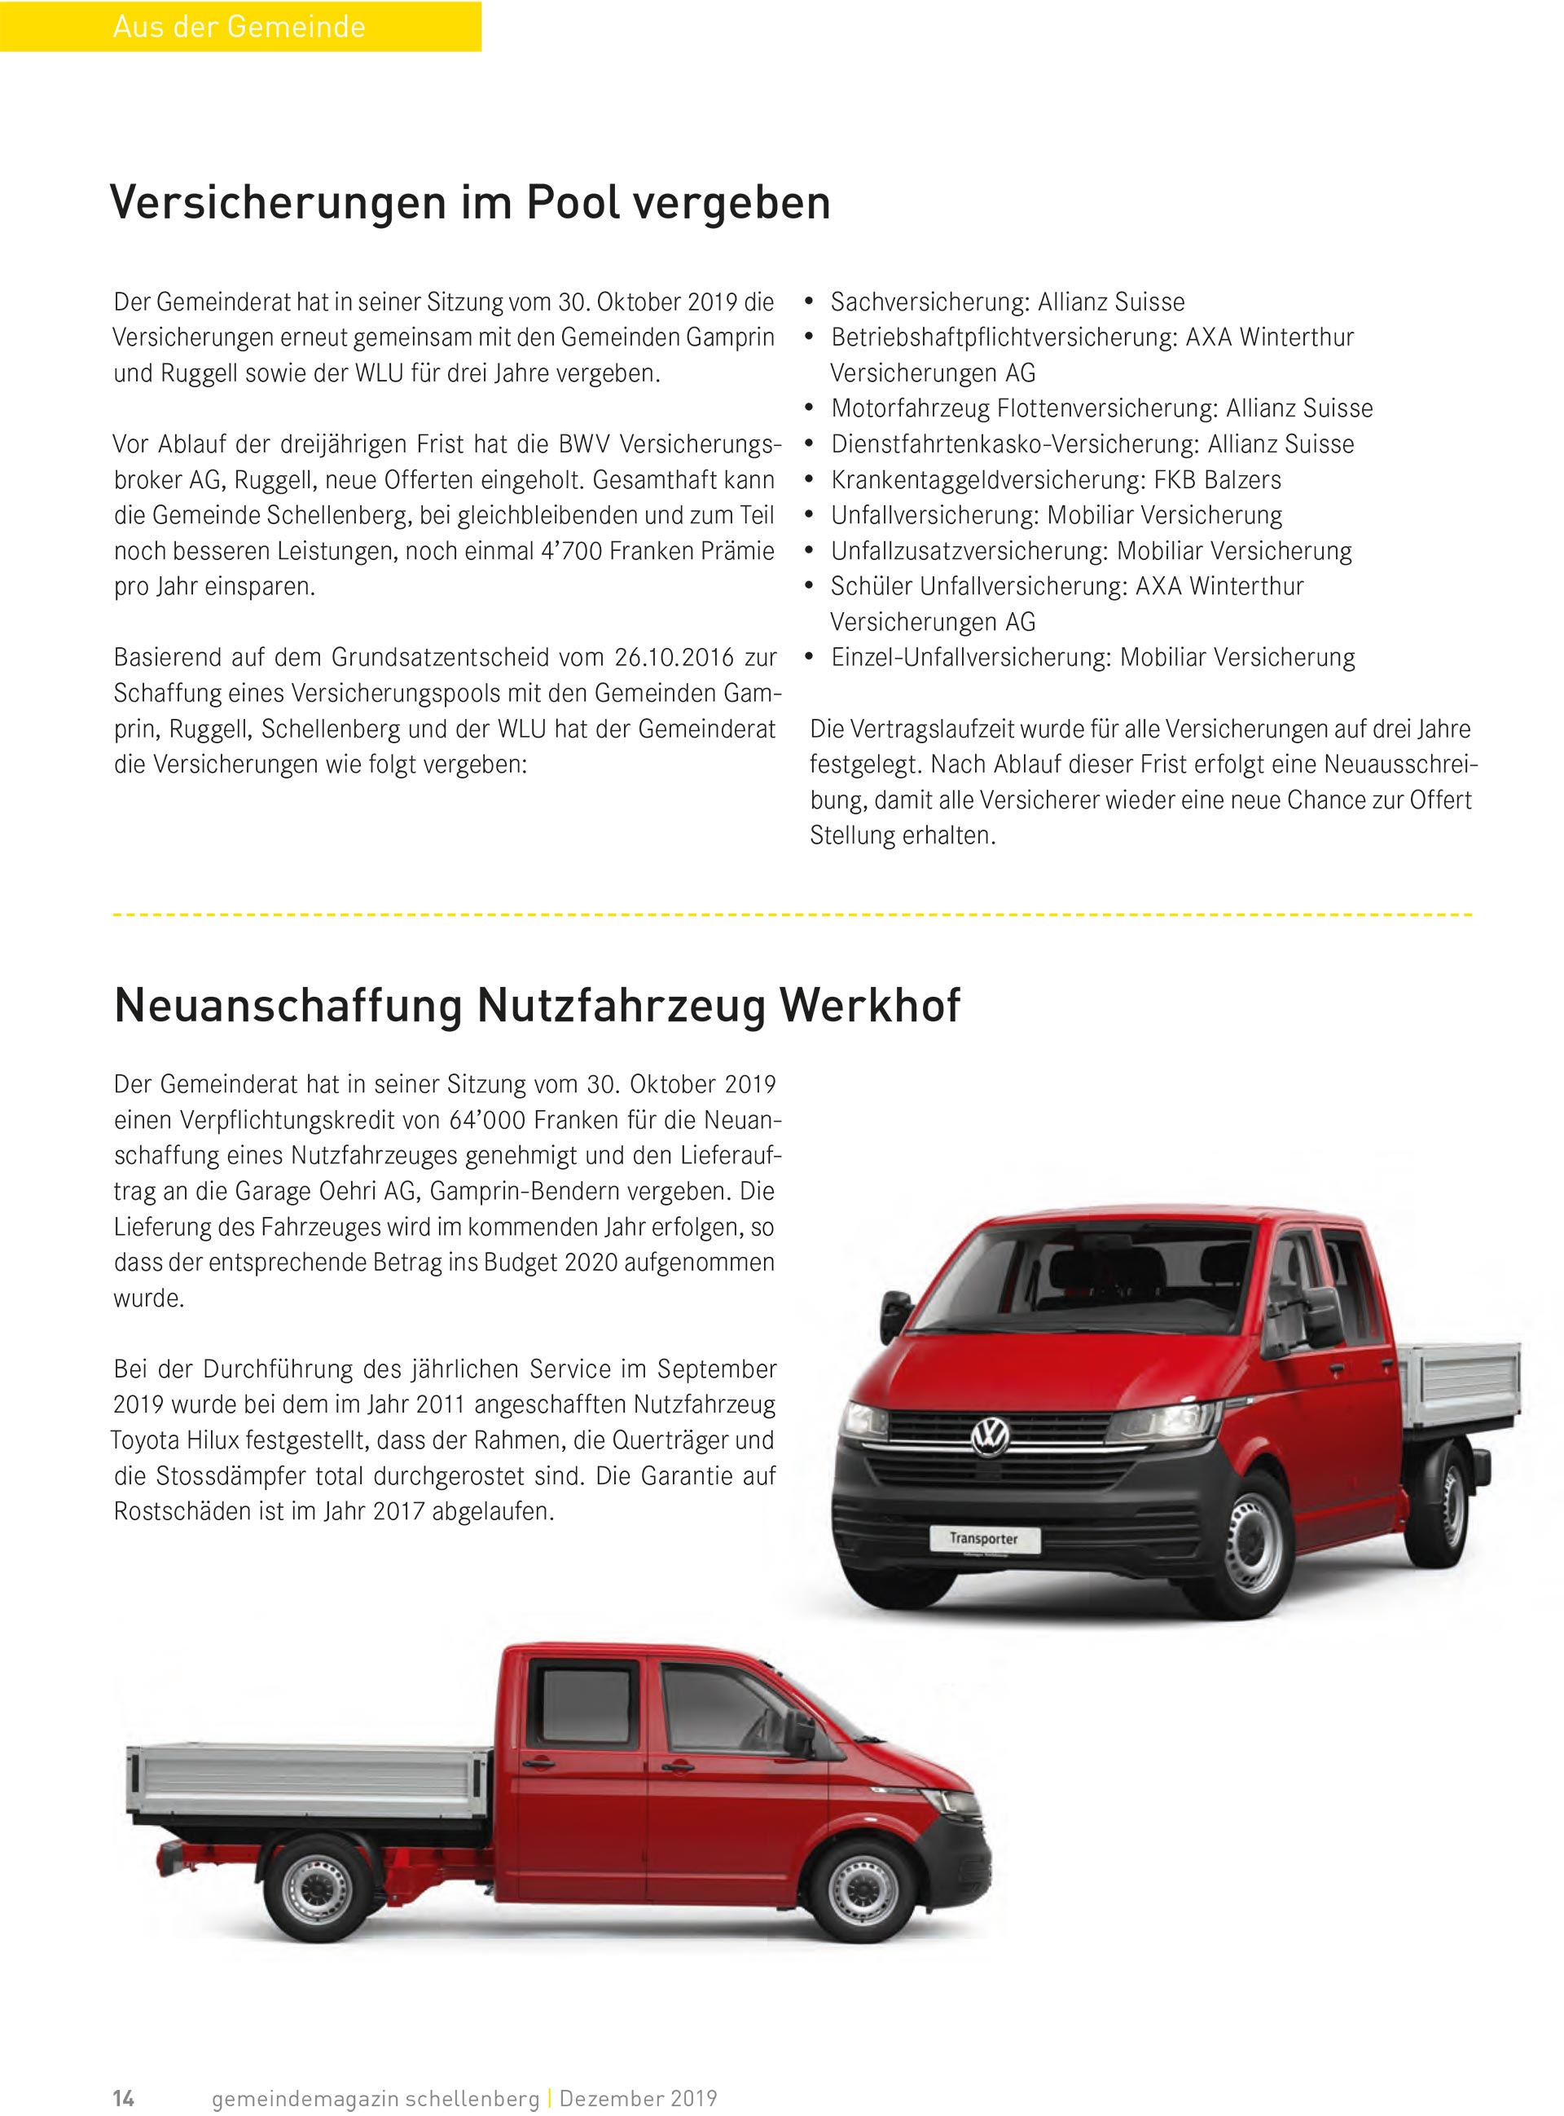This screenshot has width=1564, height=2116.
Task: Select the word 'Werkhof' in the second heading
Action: [869, 1005]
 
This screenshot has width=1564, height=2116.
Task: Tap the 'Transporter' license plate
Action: [984, 1538]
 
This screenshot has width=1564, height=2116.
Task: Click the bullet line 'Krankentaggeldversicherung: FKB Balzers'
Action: [1056, 480]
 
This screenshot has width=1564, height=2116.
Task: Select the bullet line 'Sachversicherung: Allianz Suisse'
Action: [1008, 302]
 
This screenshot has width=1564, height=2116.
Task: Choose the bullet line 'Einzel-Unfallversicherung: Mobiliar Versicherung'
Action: [1092, 657]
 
